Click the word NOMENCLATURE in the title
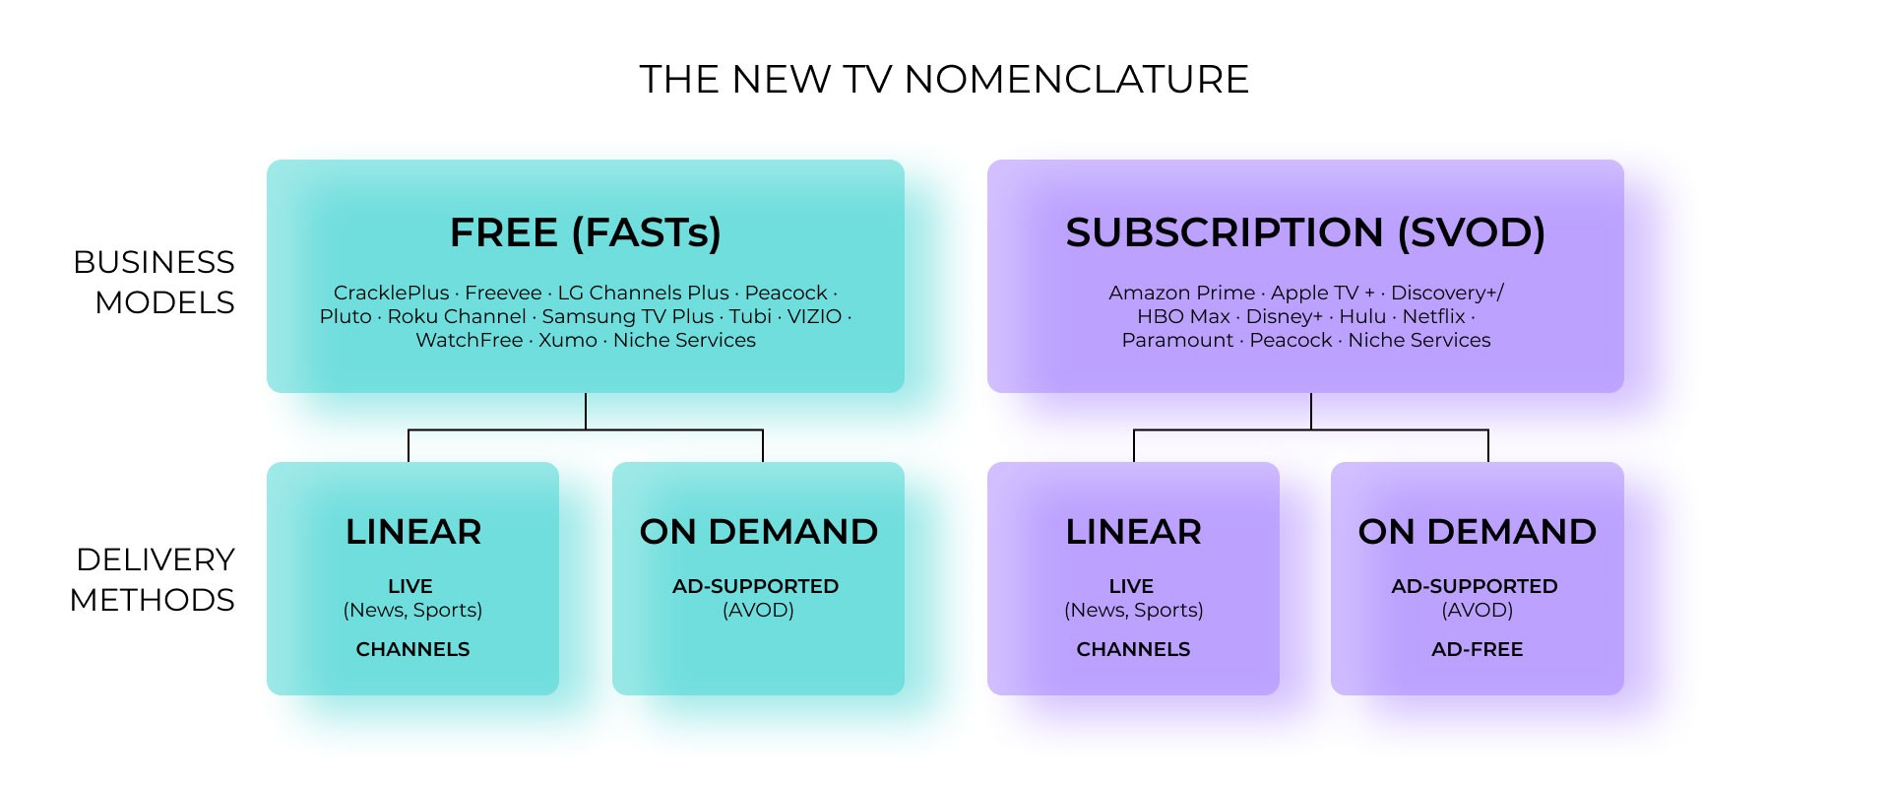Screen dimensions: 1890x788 pyautogui.click(x=1076, y=80)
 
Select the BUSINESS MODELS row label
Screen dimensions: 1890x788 pyautogui.click(x=154, y=282)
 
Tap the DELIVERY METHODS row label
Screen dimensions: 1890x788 pyautogui.click(x=153, y=579)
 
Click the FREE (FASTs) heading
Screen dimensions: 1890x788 pyautogui.click(x=586, y=233)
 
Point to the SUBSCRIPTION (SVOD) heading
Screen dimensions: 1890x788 pyautogui.click(x=1305, y=233)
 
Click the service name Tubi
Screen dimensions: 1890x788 pyautogui.click(x=750, y=316)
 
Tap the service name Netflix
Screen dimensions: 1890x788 pyautogui.click(x=1433, y=316)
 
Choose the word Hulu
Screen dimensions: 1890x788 pyautogui.click(x=1362, y=316)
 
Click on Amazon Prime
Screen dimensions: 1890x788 pyautogui.click(x=1181, y=293)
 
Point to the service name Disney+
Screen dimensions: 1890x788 pyautogui.click(x=1284, y=316)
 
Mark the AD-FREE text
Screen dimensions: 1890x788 pyautogui.click(x=1477, y=649)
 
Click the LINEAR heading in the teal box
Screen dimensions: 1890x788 pyautogui.click(x=413, y=532)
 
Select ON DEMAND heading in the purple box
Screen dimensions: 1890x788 pyautogui.click(x=1477, y=532)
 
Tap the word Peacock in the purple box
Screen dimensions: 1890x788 pyautogui.click(x=1291, y=340)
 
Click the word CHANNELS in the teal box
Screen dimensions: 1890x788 pyautogui.click(x=412, y=649)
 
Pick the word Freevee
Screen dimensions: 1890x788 pyautogui.click(x=503, y=293)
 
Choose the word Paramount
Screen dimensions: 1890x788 pyautogui.click(x=1177, y=340)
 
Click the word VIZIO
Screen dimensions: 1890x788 pyautogui.click(x=814, y=316)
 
